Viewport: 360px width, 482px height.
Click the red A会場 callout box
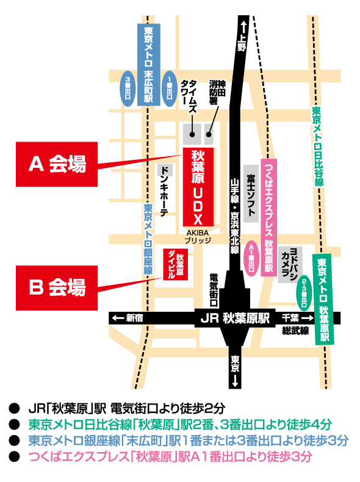(57, 164)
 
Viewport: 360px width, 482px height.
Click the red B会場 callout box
(57, 288)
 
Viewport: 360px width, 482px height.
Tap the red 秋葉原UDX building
(198, 187)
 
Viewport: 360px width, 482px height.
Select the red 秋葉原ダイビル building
(175, 264)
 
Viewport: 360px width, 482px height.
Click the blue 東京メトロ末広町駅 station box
(148, 65)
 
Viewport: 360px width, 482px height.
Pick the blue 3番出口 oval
(128, 88)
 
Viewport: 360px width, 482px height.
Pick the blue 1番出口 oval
(170, 88)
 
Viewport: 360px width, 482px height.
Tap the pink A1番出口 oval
(251, 258)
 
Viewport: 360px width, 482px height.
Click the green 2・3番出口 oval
(304, 293)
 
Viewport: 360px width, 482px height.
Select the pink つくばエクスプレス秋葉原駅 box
(269, 217)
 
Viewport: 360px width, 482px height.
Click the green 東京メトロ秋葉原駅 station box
(324, 299)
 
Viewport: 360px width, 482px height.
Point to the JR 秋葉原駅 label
(235, 318)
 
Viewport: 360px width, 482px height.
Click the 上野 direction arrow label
(242, 36)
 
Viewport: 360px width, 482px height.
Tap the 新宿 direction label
(128, 318)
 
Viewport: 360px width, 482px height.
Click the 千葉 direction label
(298, 318)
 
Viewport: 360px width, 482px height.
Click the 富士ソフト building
(251, 193)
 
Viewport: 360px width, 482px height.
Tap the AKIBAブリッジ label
(198, 237)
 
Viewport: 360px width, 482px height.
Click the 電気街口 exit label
(214, 290)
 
